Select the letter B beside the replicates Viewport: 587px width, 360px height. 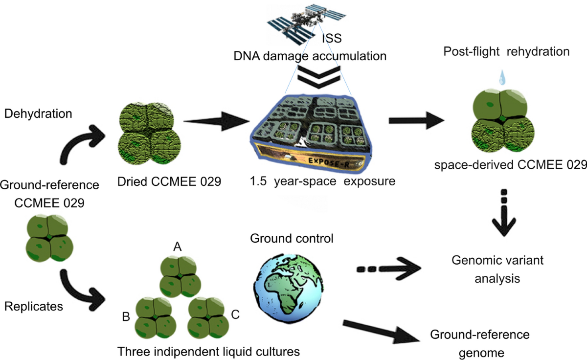tap(125, 316)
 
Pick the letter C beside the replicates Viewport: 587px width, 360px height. tap(235, 315)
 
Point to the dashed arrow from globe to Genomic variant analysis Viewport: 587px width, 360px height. tap(389, 268)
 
